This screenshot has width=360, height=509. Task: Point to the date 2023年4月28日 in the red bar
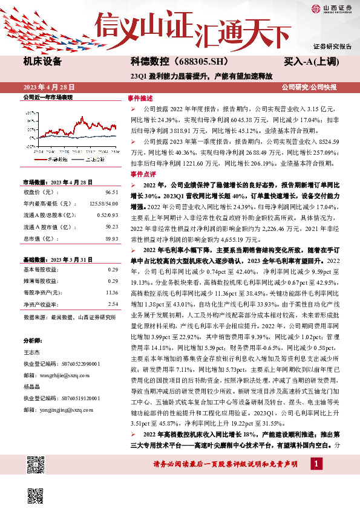49,86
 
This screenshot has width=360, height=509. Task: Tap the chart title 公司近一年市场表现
48,97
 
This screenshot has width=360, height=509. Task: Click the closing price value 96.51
111,191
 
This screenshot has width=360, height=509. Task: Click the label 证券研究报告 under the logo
332,47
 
